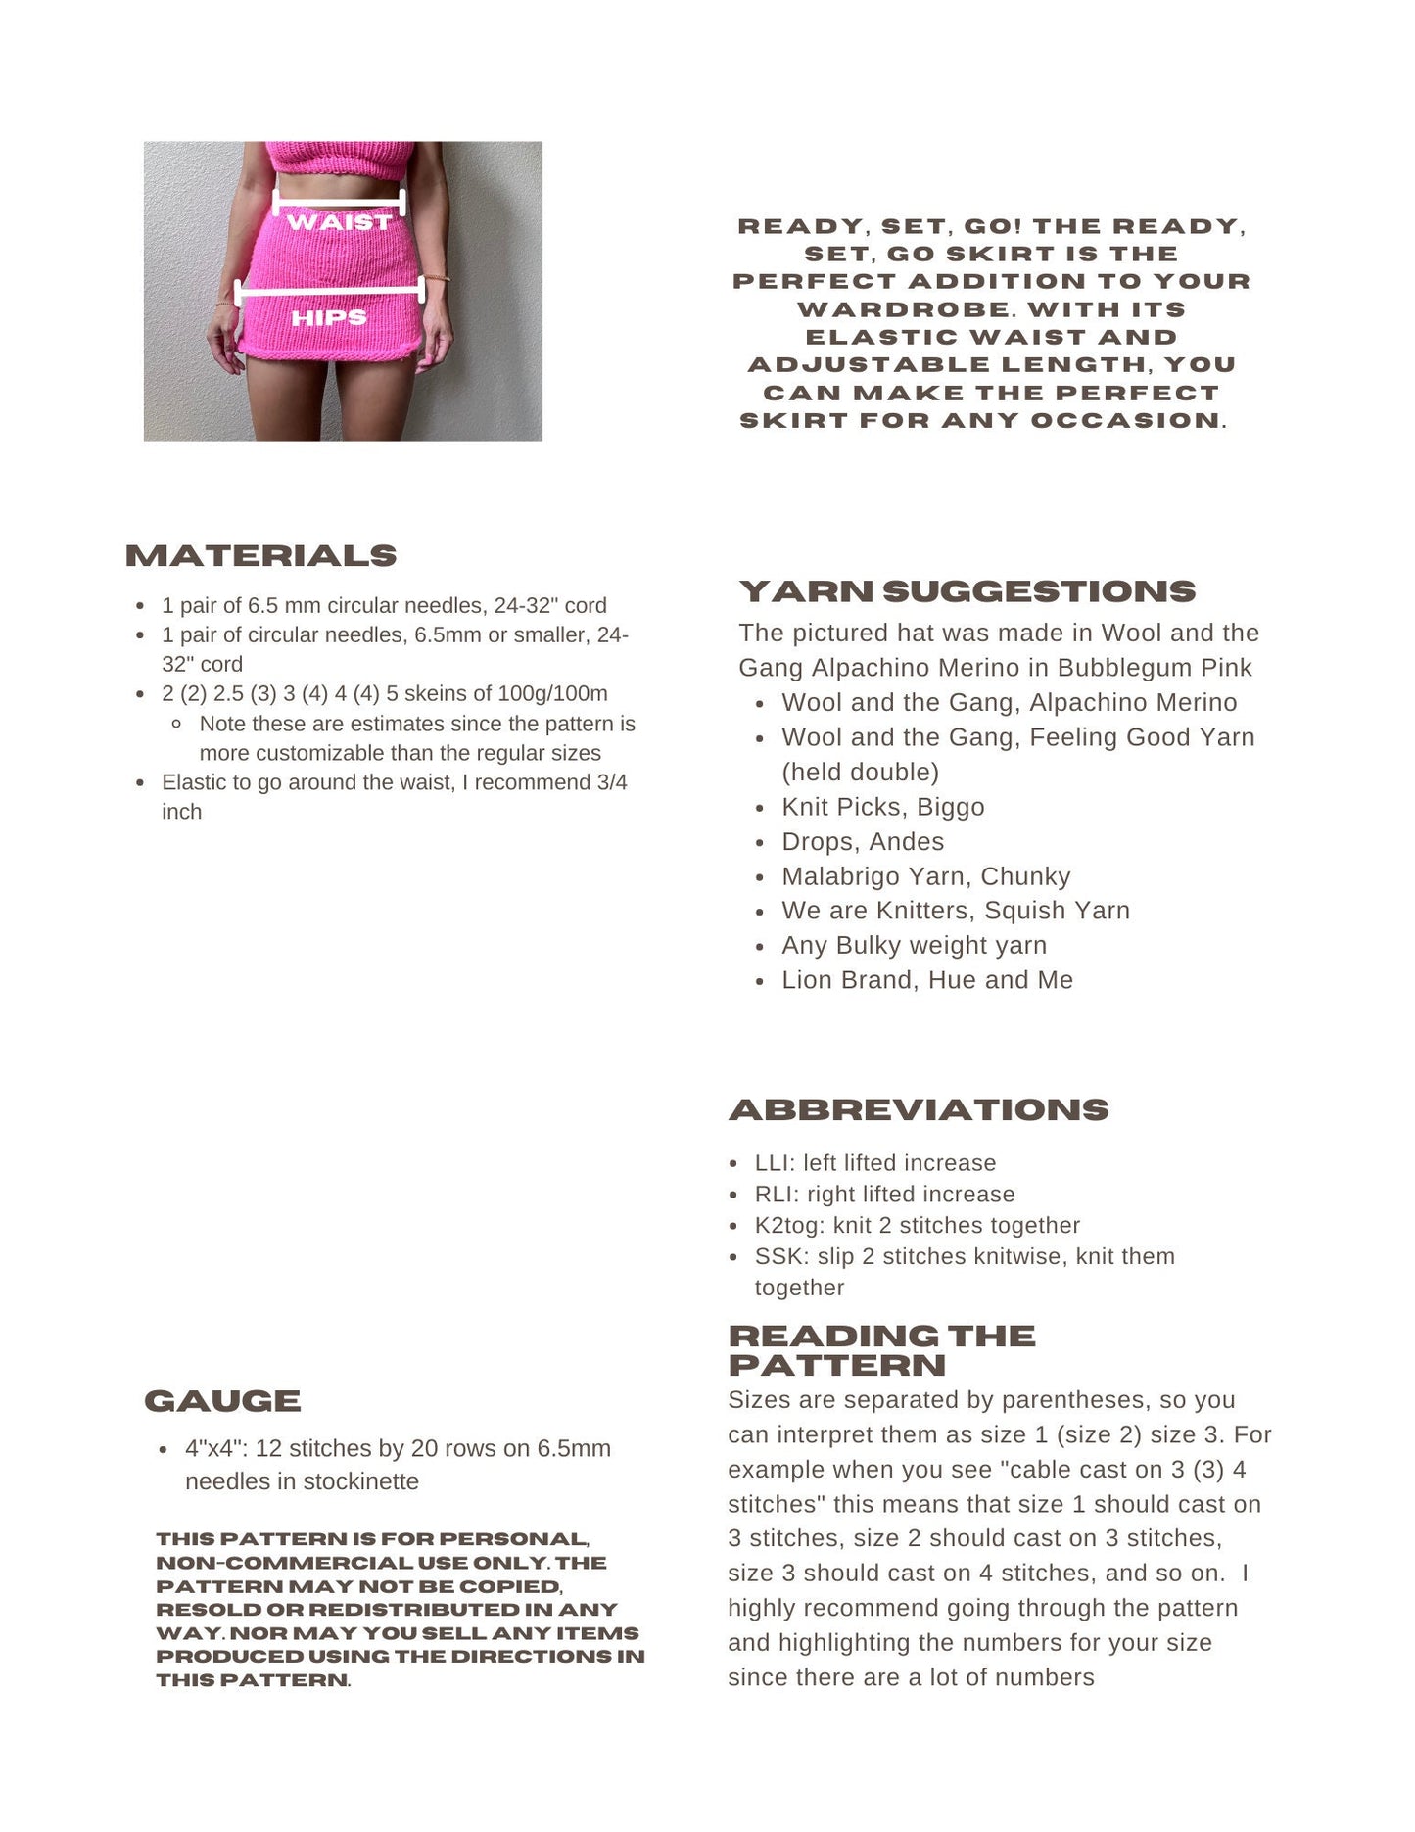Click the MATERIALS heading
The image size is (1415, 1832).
(260, 556)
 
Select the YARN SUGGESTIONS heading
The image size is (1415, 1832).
(967, 591)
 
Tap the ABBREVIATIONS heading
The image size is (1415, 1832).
(919, 1109)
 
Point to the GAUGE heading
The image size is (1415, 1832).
(222, 1401)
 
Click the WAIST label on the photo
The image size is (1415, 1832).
(339, 222)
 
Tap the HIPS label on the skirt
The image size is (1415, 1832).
(329, 317)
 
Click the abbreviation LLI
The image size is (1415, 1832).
(772, 1163)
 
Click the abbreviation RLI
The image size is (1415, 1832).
(774, 1195)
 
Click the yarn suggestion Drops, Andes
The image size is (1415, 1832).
(863, 842)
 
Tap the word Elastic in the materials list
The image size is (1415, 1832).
(196, 782)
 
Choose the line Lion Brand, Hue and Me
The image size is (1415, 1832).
(926, 980)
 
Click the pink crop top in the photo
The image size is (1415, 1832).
(339, 159)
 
